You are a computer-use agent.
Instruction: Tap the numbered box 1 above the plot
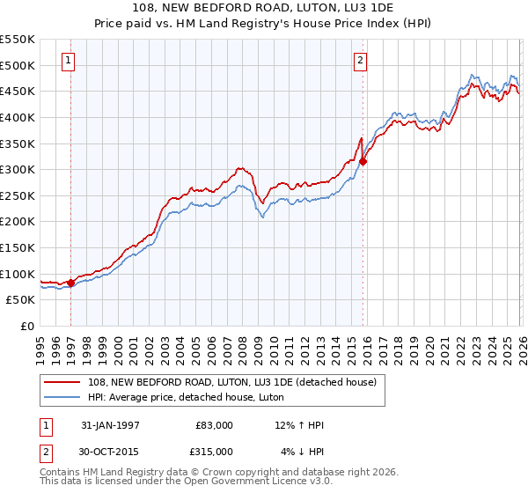click(x=69, y=61)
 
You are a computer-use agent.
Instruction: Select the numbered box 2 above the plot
click(x=361, y=61)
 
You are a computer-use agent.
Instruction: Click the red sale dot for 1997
click(x=71, y=283)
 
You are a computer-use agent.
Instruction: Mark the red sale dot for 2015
click(x=363, y=161)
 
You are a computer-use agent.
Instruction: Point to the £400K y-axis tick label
click(x=18, y=117)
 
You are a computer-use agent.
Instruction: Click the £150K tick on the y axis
click(x=18, y=247)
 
